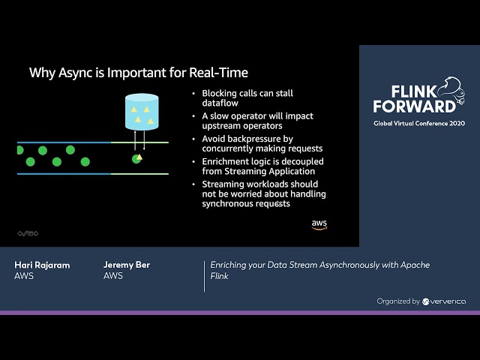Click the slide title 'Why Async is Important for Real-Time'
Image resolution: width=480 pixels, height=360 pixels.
[x=138, y=73]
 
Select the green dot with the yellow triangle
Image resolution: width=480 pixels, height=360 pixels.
[x=137, y=158]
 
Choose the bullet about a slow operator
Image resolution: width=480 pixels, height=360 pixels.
[x=257, y=121]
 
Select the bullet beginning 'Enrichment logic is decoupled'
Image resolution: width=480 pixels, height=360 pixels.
[x=262, y=166]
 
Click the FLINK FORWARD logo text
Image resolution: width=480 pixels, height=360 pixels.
[x=414, y=97]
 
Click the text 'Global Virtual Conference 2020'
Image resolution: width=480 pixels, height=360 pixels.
[x=419, y=123]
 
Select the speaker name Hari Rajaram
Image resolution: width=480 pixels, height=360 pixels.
[x=42, y=265]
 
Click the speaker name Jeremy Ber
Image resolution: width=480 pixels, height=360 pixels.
[x=127, y=265]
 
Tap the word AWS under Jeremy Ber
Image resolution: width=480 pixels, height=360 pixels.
[x=113, y=276]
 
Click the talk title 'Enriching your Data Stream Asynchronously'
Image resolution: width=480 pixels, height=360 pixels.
[x=320, y=265]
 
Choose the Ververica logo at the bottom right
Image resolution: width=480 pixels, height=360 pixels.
[x=444, y=301]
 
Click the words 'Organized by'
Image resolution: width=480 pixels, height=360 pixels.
[x=398, y=301]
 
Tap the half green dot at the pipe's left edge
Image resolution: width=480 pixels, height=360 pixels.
[x=20, y=150]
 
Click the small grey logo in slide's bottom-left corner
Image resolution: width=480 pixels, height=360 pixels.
[x=28, y=233]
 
